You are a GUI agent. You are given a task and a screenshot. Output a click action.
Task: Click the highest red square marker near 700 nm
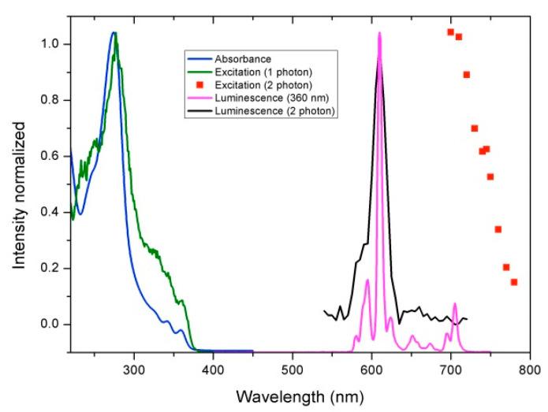point(451,32)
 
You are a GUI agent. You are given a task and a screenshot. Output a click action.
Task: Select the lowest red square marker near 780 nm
point(514,282)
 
